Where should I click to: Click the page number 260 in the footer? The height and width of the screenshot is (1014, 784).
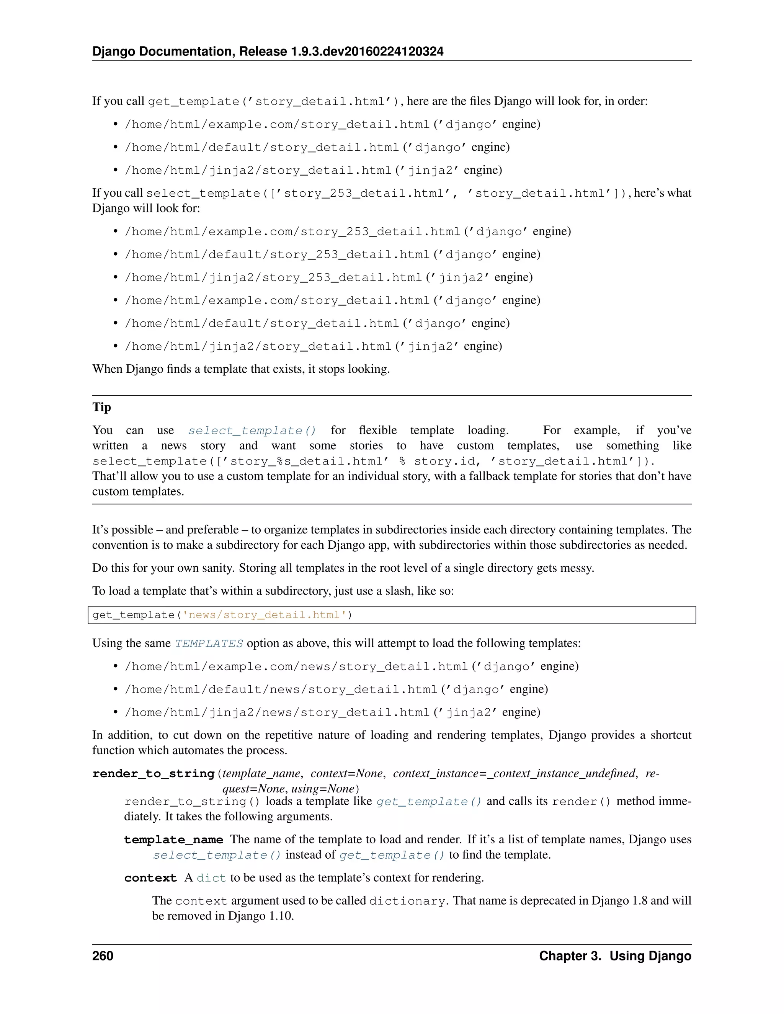[x=103, y=956]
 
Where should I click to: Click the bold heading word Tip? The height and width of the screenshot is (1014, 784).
[x=101, y=407]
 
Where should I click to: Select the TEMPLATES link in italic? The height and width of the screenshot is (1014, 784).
[x=209, y=644]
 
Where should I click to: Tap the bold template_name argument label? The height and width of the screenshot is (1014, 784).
[x=173, y=840]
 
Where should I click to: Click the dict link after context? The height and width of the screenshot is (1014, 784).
[x=211, y=878]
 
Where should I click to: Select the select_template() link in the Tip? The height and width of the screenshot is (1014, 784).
[x=252, y=431]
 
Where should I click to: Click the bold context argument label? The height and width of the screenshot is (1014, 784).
[x=150, y=878]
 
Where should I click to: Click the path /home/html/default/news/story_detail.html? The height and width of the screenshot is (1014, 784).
[x=281, y=690]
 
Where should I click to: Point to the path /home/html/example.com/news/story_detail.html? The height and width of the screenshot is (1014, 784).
[x=296, y=667]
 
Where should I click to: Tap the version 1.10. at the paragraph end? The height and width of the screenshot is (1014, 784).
[x=281, y=916]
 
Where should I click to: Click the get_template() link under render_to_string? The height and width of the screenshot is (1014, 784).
[x=429, y=802]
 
